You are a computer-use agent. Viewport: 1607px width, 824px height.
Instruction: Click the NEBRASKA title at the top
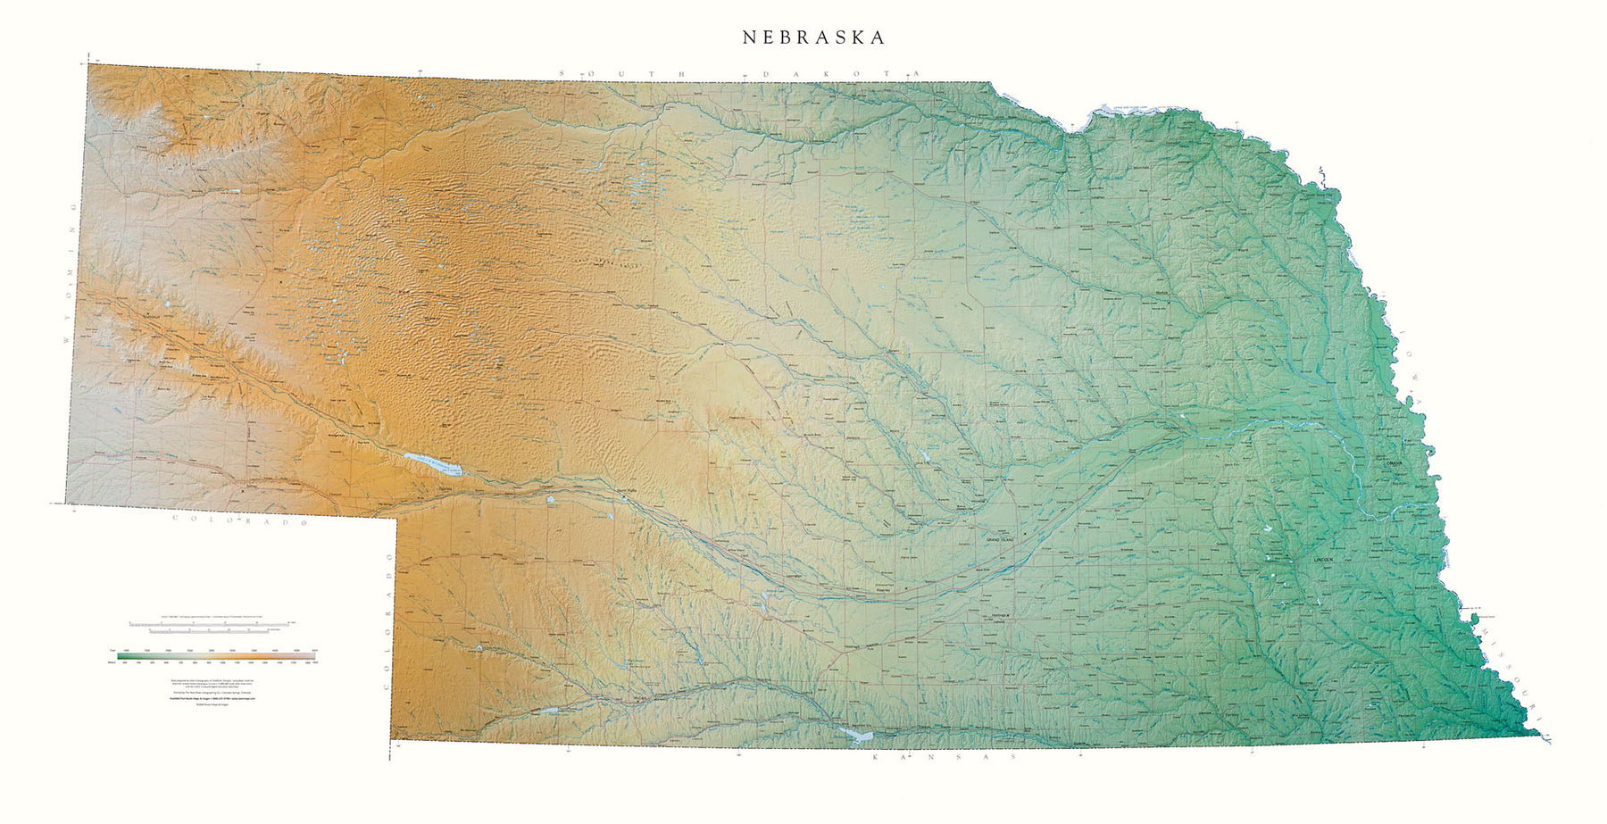(814, 37)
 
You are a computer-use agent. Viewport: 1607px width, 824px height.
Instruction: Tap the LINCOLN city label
(1323, 559)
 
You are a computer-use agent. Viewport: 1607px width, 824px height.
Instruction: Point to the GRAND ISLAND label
(1002, 540)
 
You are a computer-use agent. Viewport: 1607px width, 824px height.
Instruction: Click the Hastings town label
(1000, 616)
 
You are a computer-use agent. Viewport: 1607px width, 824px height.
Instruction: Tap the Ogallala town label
(444, 489)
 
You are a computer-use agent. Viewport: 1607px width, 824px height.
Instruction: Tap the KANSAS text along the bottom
(944, 757)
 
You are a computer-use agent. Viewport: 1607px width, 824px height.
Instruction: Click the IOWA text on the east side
(1408, 366)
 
